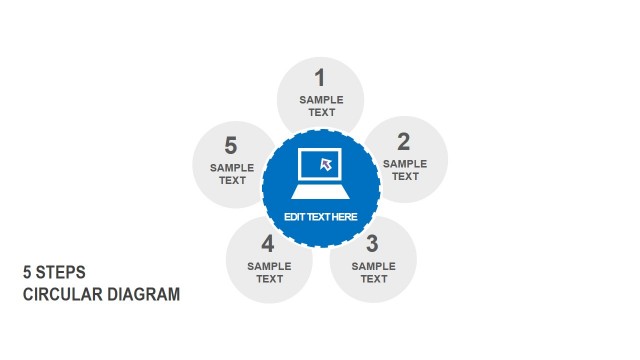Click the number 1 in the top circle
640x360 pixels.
(x=320, y=77)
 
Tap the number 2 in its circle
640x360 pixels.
(x=403, y=141)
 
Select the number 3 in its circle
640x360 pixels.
(x=372, y=243)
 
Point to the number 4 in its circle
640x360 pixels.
(x=268, y=243)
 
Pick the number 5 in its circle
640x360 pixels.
(x=231, y=146)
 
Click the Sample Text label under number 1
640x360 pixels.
(x=321, y=106)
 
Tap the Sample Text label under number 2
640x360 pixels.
(x=405, y=169)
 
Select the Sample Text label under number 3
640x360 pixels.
(x=374, y=272)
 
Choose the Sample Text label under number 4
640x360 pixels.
(x=269, y=272)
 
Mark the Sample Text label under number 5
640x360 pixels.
(x=232, y=174)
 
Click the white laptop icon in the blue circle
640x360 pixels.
(x=321, y=176)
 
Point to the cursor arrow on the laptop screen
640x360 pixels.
(x=325, y=163)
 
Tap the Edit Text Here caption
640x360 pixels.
(x=321, y=217)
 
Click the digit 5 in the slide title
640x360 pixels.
(x=27, y=272)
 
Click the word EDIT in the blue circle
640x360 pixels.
(x=295, y=217)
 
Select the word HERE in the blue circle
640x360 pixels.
(x=343, y=217)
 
